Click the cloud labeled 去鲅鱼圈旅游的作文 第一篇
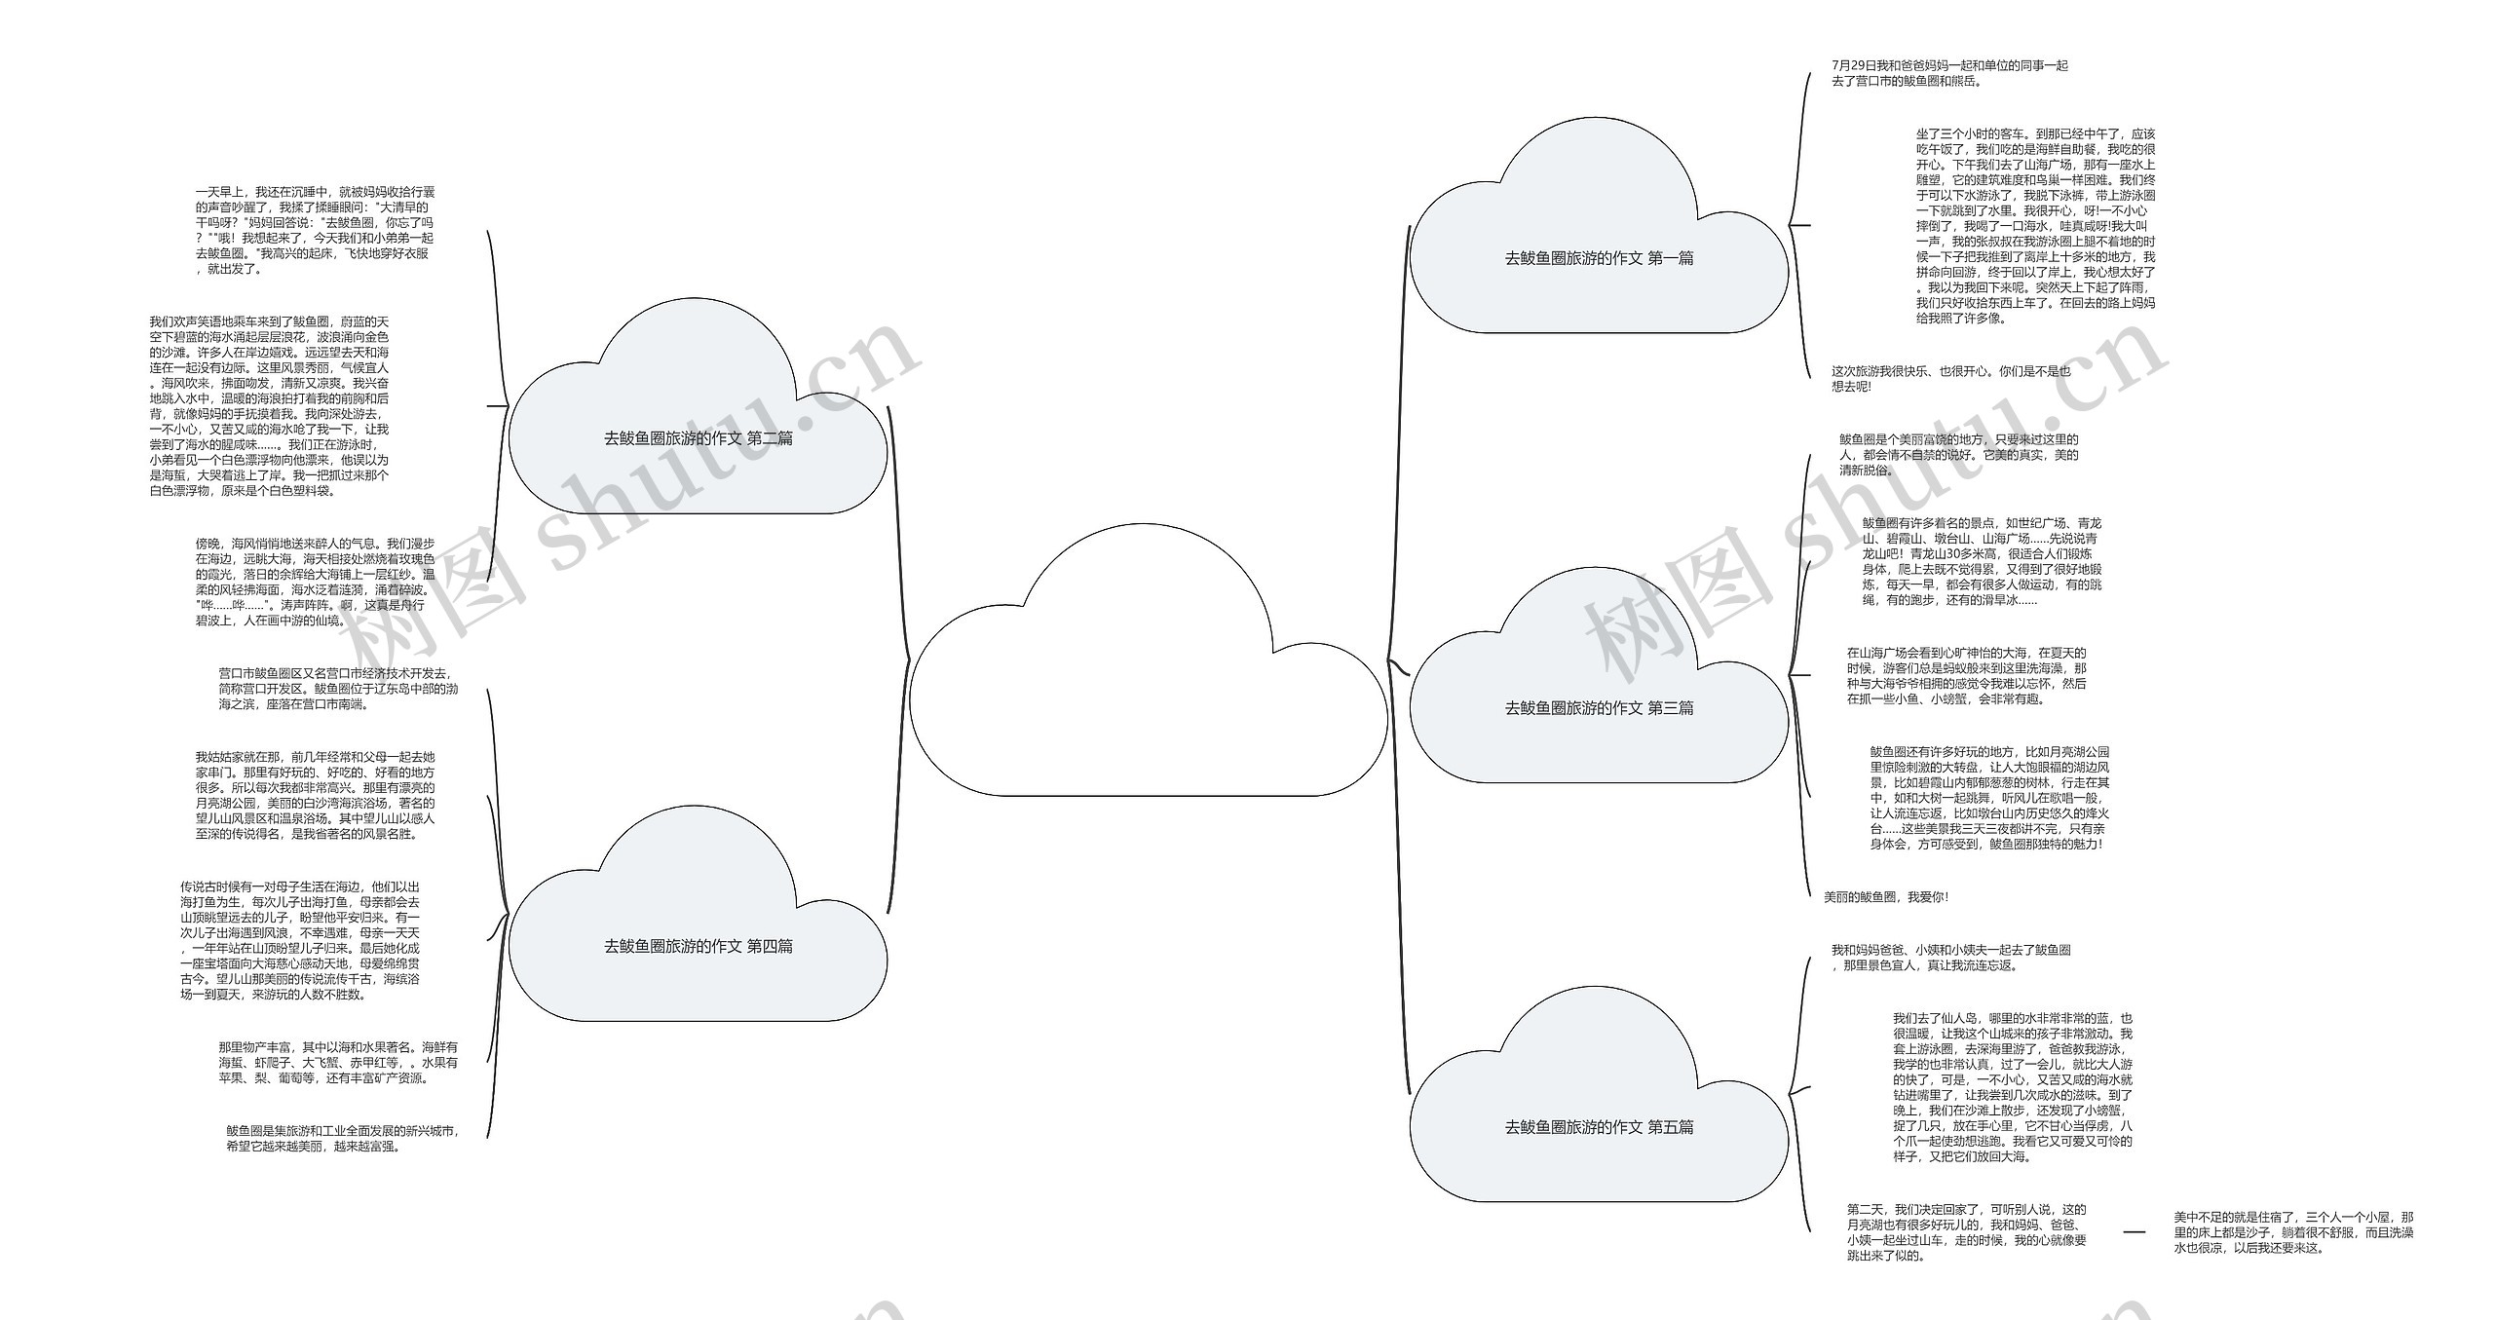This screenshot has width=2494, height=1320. [x=1599, y=258]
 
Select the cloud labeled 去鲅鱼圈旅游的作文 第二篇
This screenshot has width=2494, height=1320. [x=698, y=438]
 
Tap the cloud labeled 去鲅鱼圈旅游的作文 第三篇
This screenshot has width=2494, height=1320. [x=1599, y=708]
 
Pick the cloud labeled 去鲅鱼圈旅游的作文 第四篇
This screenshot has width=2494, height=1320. [x=698, y=946]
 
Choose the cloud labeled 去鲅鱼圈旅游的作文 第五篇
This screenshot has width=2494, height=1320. [x=1599, y=1127]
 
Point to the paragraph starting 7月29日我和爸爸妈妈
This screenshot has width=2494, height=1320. [x=1948, y=73]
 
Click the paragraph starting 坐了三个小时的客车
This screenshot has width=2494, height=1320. [x=2035, y=225]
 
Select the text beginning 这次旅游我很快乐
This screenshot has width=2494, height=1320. [x=1949, y=378]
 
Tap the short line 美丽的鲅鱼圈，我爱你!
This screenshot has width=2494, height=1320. [x=1886, y=897]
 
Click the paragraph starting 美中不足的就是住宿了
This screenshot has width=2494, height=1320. [x=2293, y=1232]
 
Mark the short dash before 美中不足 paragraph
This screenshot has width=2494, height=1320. [x=2134, y=1232]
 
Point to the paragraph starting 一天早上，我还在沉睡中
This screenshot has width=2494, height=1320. [x=315, y=230]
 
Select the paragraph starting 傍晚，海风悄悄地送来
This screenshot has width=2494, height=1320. [x=315, y=582]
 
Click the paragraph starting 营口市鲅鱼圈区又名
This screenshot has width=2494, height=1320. [x=337, y=689]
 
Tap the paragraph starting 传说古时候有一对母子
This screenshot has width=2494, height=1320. [x=300, y=940]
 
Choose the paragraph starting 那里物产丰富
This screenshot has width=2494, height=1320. [x=337, y=1063]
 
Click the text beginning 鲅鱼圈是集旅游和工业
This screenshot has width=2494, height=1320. [x=341, y=1138]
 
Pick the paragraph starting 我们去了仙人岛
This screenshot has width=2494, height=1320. [x=2013, y=1087]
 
